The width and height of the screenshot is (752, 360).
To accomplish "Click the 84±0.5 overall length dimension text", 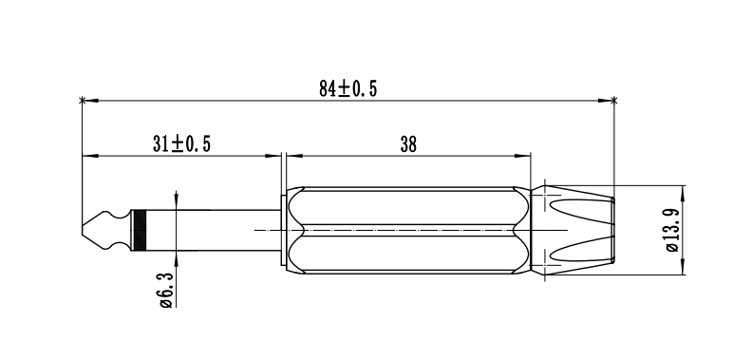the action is coord(348,88).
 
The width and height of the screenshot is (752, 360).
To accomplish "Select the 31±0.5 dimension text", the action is coord(181,143).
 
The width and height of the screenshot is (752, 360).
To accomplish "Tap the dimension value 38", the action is coord(408,144).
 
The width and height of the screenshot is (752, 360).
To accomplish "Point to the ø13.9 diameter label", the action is coord(673,230).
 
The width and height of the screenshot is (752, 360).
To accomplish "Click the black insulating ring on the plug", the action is coord(140,231).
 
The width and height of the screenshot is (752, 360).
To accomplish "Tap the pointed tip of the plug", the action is coord(83,231).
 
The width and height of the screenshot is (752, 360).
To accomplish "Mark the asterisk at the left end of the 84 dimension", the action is coord(82,101).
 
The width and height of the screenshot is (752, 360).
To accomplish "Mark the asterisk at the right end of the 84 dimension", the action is coord(614,101).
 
